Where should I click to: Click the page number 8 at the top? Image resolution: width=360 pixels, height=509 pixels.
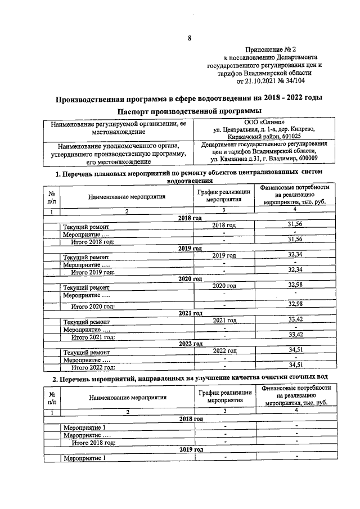(x=190, y=38)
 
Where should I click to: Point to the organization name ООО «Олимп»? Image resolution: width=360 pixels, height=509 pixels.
(x=268, y=121)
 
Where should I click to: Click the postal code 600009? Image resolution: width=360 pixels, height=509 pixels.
(x=304, y=159)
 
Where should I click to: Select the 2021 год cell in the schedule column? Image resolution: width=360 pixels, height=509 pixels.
(x=224, y=320)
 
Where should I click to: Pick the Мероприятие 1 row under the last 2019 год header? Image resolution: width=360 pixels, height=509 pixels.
(x=84, y=458)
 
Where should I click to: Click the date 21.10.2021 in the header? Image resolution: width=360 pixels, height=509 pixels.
(x=262, y=81)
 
